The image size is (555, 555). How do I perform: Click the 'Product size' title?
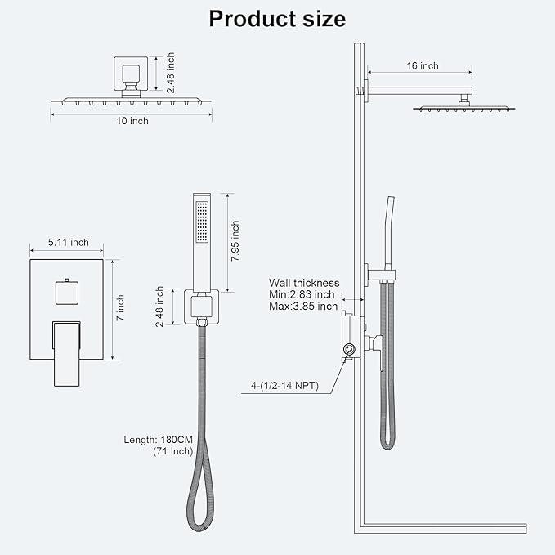[277, 19]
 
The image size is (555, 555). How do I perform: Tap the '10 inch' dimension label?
[132, 121]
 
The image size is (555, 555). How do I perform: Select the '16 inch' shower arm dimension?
[422, 65]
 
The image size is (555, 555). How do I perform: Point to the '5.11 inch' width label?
[68, 243]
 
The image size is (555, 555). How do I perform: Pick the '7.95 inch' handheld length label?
[235, 241]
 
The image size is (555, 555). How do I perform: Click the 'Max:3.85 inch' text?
[303, 307]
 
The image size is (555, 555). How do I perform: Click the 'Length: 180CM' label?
[156, 439]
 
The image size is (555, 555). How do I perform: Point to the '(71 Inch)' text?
[168, 451]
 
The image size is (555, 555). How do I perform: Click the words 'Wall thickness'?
[303, 283]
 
